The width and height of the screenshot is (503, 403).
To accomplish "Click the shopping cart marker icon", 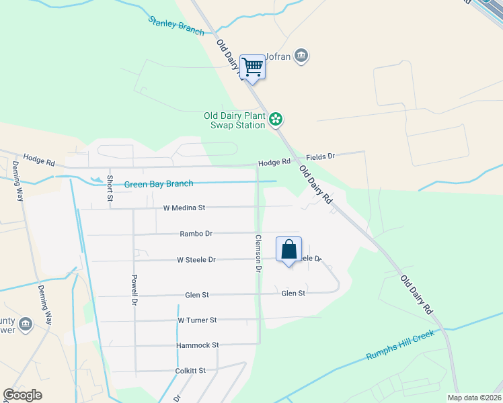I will [x=253, y=67].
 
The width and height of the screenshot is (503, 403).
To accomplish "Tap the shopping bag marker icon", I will [x=288, y=250].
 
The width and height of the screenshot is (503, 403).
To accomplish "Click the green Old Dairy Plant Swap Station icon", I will [x=275, y=120].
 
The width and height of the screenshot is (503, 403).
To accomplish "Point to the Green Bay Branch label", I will [x=159, y=184].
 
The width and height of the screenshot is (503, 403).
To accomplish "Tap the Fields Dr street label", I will [x=321, y=156].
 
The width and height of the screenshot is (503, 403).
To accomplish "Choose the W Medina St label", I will [x=184, y=208].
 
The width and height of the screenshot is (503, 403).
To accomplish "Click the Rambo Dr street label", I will [x=196, y=234].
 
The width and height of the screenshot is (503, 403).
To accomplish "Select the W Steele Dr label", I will [x=196, y=259].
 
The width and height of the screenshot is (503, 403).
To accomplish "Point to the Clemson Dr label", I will [x=257, y=253].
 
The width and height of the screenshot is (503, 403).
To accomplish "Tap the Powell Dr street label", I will [x=134, y=289].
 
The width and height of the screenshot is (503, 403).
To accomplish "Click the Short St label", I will [x=110, y=189].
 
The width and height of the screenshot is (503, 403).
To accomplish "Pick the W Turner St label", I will [x=197, y=320].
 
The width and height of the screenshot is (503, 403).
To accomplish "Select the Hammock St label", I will [x=197, y=345].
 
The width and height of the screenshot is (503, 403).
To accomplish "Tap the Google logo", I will [x=23, y=395].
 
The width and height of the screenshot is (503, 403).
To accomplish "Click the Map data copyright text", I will [x=473, y=398].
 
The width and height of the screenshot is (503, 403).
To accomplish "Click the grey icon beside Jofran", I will [x=302, y=55].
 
